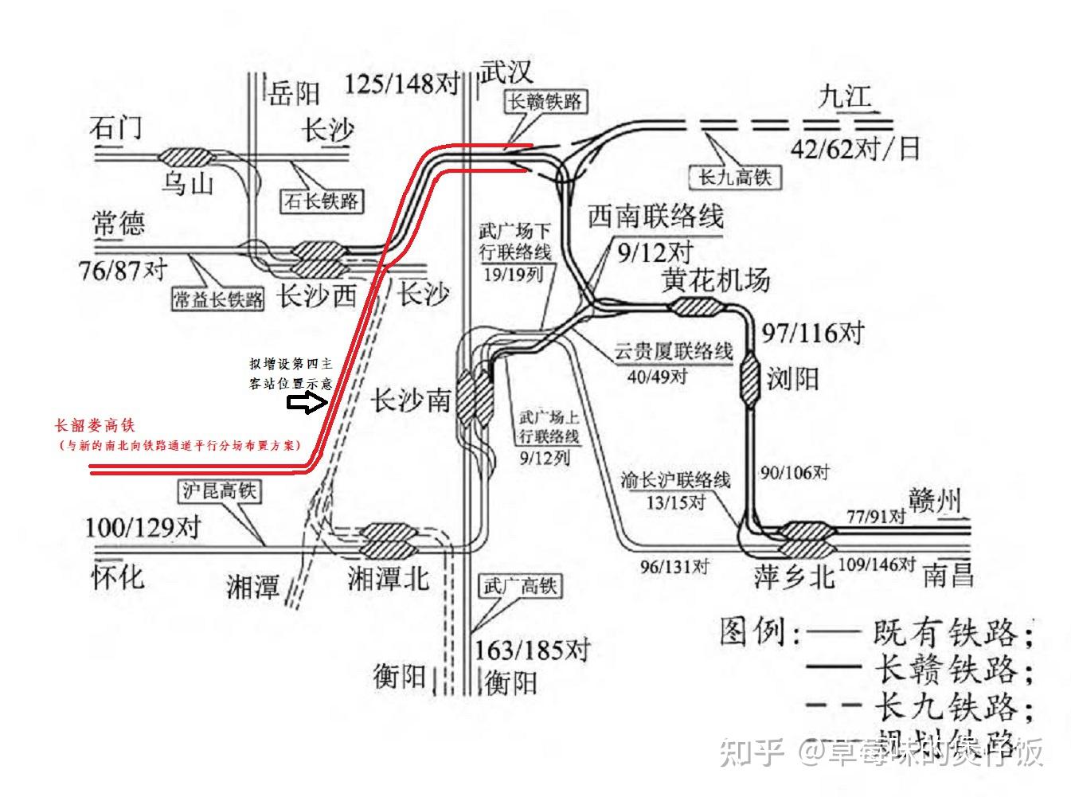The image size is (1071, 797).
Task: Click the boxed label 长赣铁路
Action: tap(545, 101)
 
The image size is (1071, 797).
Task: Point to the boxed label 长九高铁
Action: tap(734, 176)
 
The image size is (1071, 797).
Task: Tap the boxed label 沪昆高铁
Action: tap(220, 490)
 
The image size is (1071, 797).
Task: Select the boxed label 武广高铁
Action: tap(519, 587)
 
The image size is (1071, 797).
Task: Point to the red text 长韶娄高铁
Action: tap(95, 425)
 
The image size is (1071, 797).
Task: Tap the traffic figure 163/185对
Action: tap(531, 650)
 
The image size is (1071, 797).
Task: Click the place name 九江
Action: tap(845, 96)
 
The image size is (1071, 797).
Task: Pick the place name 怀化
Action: tap(118, 576)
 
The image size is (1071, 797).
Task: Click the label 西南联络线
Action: tap(655, 217)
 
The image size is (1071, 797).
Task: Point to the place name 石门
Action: tap(116, 127)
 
